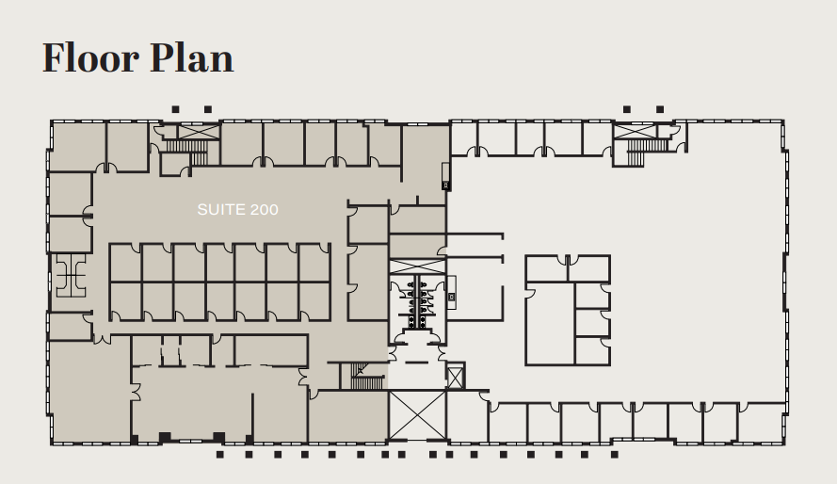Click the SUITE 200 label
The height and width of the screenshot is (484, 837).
coord(237,210)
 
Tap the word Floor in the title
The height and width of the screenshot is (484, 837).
coord(91,57)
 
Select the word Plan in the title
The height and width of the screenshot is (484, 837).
coord(192,57)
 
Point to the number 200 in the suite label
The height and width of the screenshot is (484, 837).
coord(265,210)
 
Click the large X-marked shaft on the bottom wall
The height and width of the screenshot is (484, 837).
coord(417,415)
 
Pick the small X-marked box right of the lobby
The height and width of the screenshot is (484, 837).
coord(455,377)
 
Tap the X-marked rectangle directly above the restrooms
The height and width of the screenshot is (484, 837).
coord(417,266)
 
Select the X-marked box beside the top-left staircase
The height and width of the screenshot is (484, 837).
coord(198,132)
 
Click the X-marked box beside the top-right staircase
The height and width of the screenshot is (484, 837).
coord(635,131)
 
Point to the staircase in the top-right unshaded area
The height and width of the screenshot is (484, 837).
coord(647,152)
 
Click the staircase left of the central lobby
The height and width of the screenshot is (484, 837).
coord(366,377)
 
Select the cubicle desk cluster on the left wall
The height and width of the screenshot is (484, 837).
coord(71,275)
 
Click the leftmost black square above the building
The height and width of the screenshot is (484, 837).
coord(176,109)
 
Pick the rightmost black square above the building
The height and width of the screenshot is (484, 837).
coord(660,109)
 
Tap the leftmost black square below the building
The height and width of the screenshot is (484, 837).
coord(219,455)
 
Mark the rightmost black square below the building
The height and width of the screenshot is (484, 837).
coord(615,455)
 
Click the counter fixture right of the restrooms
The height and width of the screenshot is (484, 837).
coord(452,293)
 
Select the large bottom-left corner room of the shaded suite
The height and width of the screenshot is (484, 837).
coord(89,392)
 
